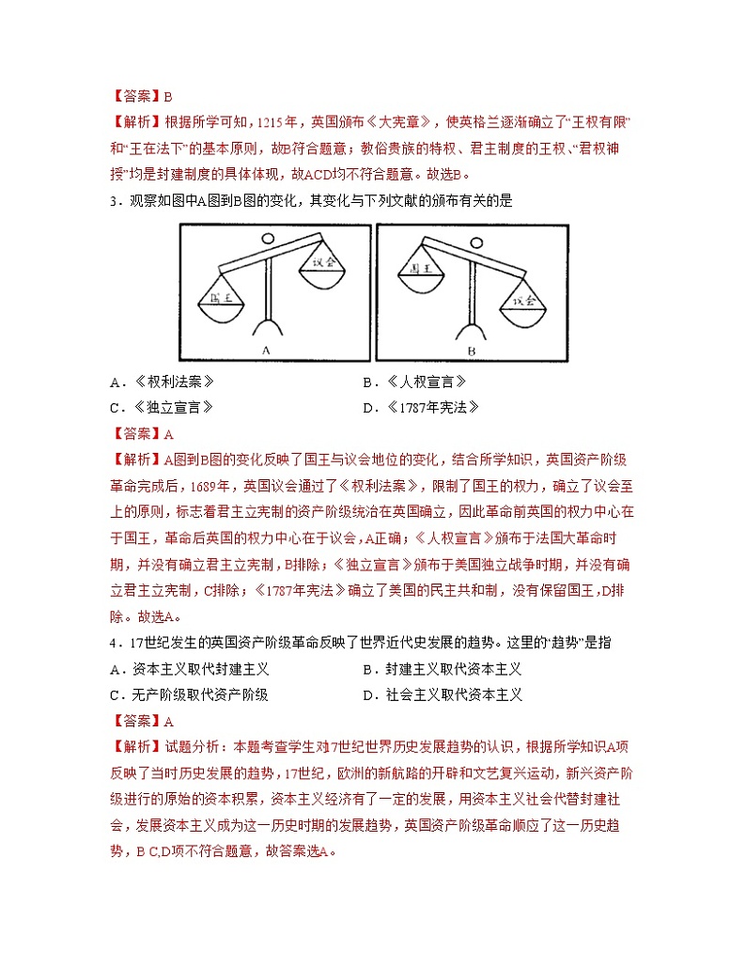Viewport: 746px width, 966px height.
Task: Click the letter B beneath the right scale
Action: (471, 350)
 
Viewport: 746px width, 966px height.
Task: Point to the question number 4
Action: (112, 643)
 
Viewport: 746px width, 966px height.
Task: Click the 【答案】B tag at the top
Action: (141, 95)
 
